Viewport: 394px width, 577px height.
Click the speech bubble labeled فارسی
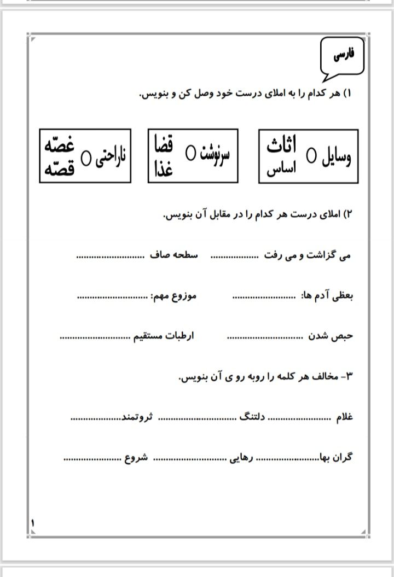pyautogui.click(x=344, y=55)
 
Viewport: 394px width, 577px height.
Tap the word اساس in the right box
pyautogui.click(x=281, y=170)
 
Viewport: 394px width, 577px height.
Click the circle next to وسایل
pyautogui.click(x=311, y=157)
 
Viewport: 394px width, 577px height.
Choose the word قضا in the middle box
pyautogui.click(x=165, y=145)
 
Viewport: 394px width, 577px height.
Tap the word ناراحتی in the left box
pyautogui.click(x=111, y=156)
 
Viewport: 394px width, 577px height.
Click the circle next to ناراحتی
pyautogui.click(x=86, y=157)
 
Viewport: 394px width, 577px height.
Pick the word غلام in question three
pyautogui.click(x=344, y=417)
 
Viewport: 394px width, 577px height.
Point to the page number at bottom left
pyautogui.click(x=32, y=523)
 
